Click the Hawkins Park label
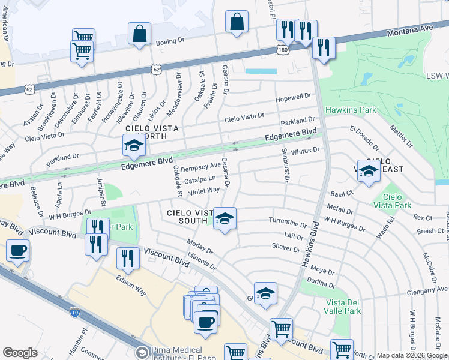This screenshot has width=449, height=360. click(x=351, y=110)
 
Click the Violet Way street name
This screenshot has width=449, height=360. click(x=203, y=191)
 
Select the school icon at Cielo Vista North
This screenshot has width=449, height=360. click(x=134, y=146)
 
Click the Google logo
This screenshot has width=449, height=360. click(x=19, y=353)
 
